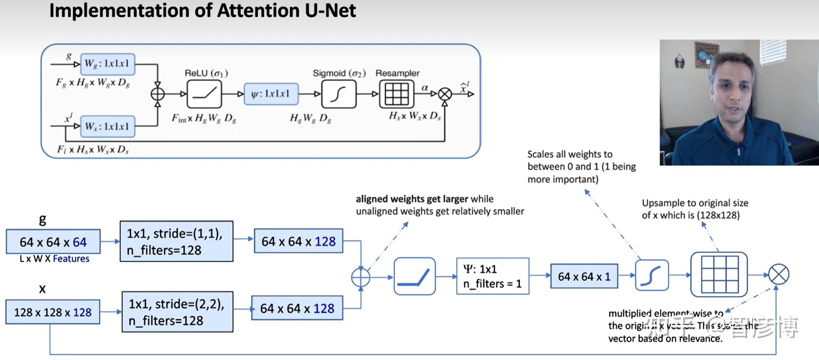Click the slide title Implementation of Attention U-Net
point(202,10)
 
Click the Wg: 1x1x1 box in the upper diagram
point(107,64)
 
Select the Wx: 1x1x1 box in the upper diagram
point(107,126)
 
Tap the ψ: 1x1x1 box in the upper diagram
point(271,94)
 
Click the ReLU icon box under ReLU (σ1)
point(204,94)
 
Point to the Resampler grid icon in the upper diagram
point(396,94)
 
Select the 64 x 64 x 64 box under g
point(53,242)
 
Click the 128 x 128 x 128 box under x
point(52,312)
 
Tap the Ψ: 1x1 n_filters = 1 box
point(492,276)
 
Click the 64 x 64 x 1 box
point(584,276)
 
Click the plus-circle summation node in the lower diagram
point(361,277)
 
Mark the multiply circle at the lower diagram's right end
point(779,274)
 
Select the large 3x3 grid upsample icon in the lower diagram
point(719,274)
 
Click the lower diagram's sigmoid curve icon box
point(652,275)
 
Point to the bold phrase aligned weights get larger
point(412,199)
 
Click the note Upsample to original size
point(695,203)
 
